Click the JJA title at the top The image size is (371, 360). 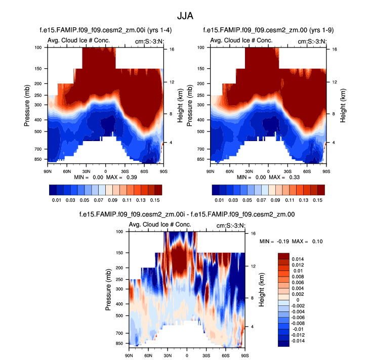point(185,15)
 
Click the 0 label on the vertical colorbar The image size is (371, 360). point(297,300)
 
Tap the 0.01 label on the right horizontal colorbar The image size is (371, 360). point(220,200)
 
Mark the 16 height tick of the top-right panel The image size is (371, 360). point(335,50)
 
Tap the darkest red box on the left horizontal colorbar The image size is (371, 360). point(158,190)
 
